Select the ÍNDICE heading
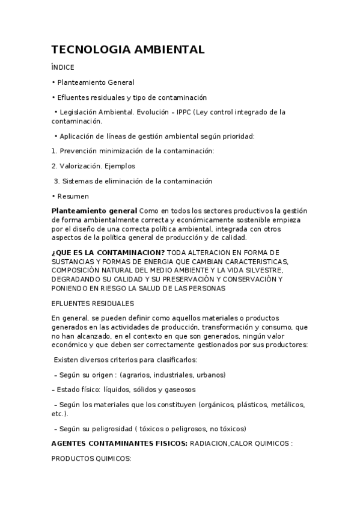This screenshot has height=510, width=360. coord(63,67)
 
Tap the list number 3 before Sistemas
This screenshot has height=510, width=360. coord(55,181)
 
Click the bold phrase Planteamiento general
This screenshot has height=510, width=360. coord(94,210)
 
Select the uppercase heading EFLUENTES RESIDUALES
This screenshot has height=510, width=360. coord(93,303)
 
